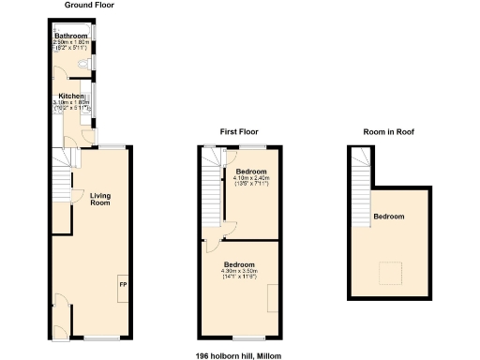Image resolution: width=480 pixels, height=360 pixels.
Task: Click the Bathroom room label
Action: [x=70, y=37]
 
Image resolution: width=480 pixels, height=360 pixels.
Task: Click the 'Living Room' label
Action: [x=101, y=199]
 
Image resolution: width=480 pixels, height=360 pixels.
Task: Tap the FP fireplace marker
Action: [x=122, y=281]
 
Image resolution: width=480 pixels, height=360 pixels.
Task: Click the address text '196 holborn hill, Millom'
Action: [x=238, y=355]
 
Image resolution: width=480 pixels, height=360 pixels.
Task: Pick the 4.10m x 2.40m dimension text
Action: [x=251, y=178]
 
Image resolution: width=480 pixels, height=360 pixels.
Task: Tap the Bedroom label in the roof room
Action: [x=389, y=217]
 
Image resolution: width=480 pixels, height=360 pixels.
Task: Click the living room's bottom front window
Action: [x=102, y=337]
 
